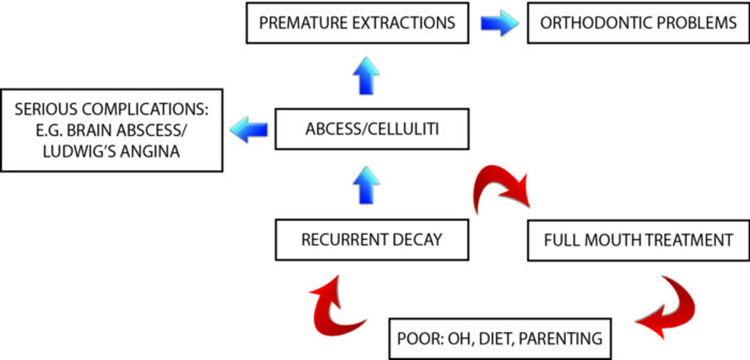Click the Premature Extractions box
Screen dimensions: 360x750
pos(357,23)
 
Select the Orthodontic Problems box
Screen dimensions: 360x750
pos(638,23)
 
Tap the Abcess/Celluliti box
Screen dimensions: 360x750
pos(372,129)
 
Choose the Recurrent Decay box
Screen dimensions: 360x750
pos(372,240)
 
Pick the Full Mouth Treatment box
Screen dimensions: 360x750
pos(638,240)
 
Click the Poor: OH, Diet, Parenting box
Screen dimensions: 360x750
pos(500,338)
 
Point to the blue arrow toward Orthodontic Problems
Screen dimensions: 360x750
pos(499,23)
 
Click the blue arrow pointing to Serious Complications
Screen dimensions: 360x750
pos(249,129)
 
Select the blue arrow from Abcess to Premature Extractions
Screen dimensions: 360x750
pos(366,76)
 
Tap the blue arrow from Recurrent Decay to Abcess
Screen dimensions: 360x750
pos(366,185)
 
